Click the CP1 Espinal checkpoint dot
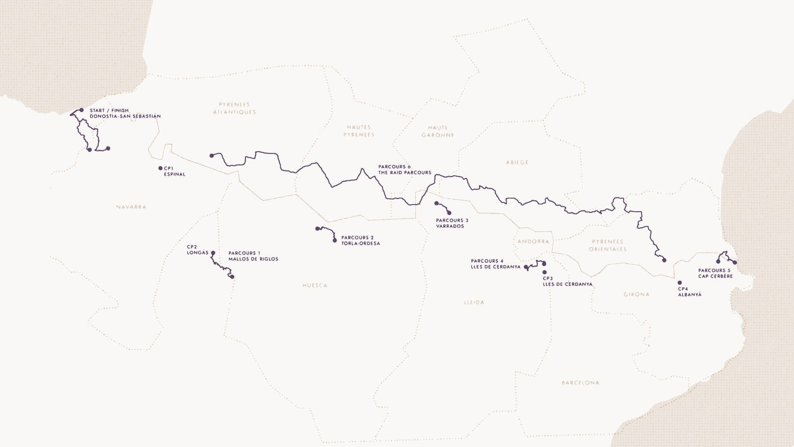click(x=160, y=168)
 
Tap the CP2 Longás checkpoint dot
click(x=213, y=253)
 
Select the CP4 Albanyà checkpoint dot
click(x=679, y=283)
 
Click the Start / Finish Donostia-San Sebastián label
click(x=125, y=113)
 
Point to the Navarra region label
click(x=131, y=207)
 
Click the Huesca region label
click(x=315, y=286)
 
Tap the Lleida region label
click(x=474, y=302)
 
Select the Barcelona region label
click(x=580, y=383)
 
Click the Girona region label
click(x=636, y=295)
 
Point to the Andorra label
click(x=533, y=241)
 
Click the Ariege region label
click(x=517, y=162)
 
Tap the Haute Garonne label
click(x=438, y=131)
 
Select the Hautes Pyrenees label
click(x=359, y=131)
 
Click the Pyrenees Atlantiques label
click(x=234, y=108)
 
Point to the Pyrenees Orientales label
click(x=607, y=245)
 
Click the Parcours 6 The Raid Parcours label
click(x=404, y=170)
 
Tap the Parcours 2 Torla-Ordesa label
click(x=360, y=240)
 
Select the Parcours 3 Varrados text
click(x=452, y=223)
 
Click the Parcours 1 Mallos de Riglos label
click(x=253, y=256)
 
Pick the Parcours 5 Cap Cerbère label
click(x=715, y=273)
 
